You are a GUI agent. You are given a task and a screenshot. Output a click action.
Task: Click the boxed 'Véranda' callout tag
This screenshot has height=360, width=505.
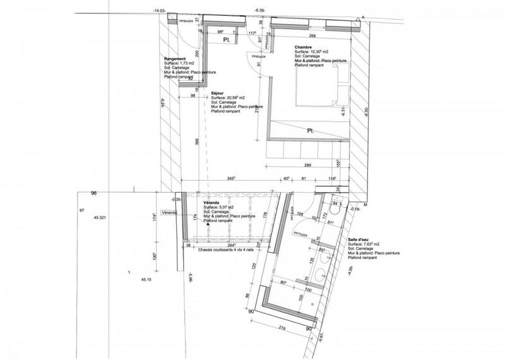170,213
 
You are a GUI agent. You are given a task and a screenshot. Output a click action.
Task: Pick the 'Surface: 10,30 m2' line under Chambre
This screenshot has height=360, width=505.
309,52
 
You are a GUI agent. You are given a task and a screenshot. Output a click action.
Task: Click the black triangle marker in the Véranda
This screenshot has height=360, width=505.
206,224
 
